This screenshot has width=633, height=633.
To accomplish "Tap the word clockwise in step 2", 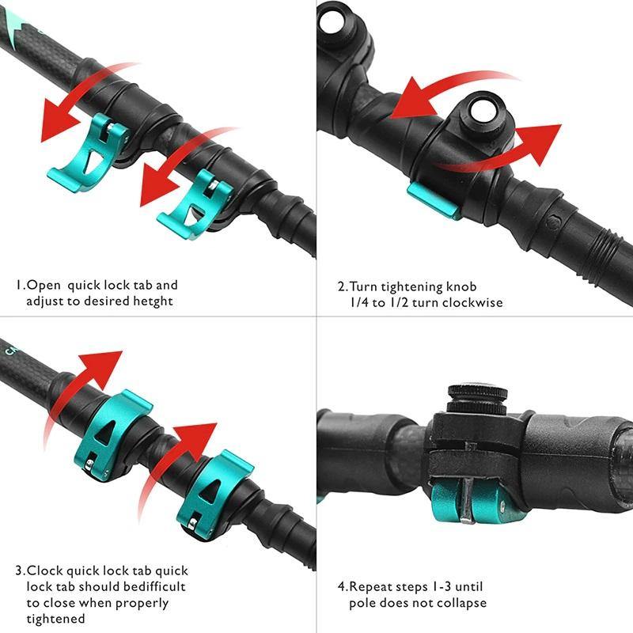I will (473, 302).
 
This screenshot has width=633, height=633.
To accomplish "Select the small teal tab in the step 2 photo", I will (434, 202).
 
